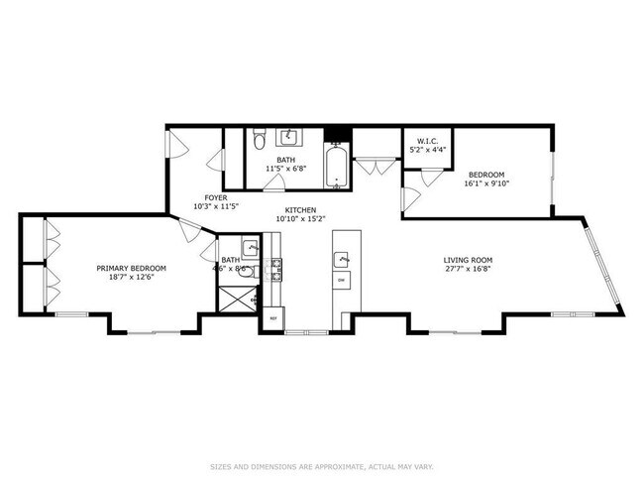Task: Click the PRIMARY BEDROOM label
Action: [x=131, y=268]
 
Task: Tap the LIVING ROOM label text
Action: [x=468, y=260]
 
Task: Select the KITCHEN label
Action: [x=300, y=210]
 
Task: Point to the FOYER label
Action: [x=216, y=197]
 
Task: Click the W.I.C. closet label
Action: [x=428, y=141]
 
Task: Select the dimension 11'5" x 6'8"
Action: [x=285, y=169]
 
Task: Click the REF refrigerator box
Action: [x=273, y=318]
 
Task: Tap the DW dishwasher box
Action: [x=341, y=281]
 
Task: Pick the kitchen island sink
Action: [x=342, y=259]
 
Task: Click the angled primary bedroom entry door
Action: [x=187, y=232]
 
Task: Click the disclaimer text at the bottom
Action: [x=322, y=465]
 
